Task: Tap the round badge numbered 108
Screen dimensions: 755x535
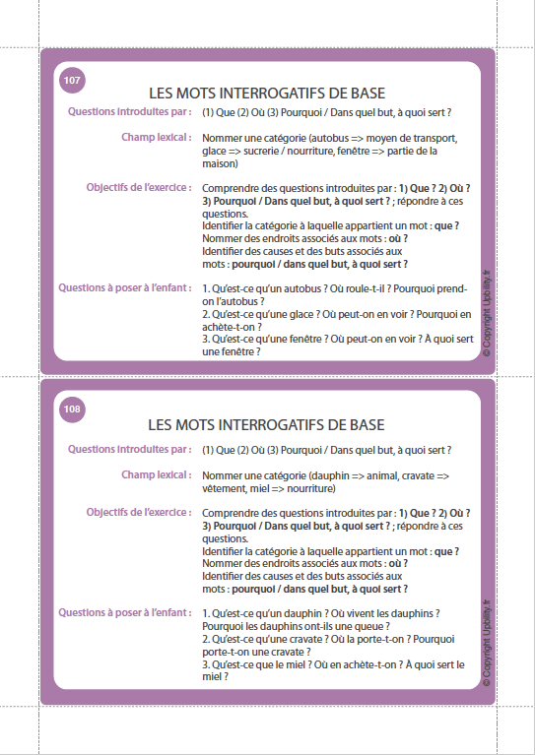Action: click(72, 409)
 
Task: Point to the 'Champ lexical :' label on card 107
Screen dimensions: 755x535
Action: click(156, 138)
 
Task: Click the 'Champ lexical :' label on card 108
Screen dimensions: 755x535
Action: click(156, 474)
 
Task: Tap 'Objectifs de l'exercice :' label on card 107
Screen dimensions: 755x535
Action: click(139, 187)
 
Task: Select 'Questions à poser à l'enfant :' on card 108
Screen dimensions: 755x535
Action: click(124, 612)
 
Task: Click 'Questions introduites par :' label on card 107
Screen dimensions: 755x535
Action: click(130, 112)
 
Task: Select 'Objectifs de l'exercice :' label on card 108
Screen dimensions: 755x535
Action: click(139, 513)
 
